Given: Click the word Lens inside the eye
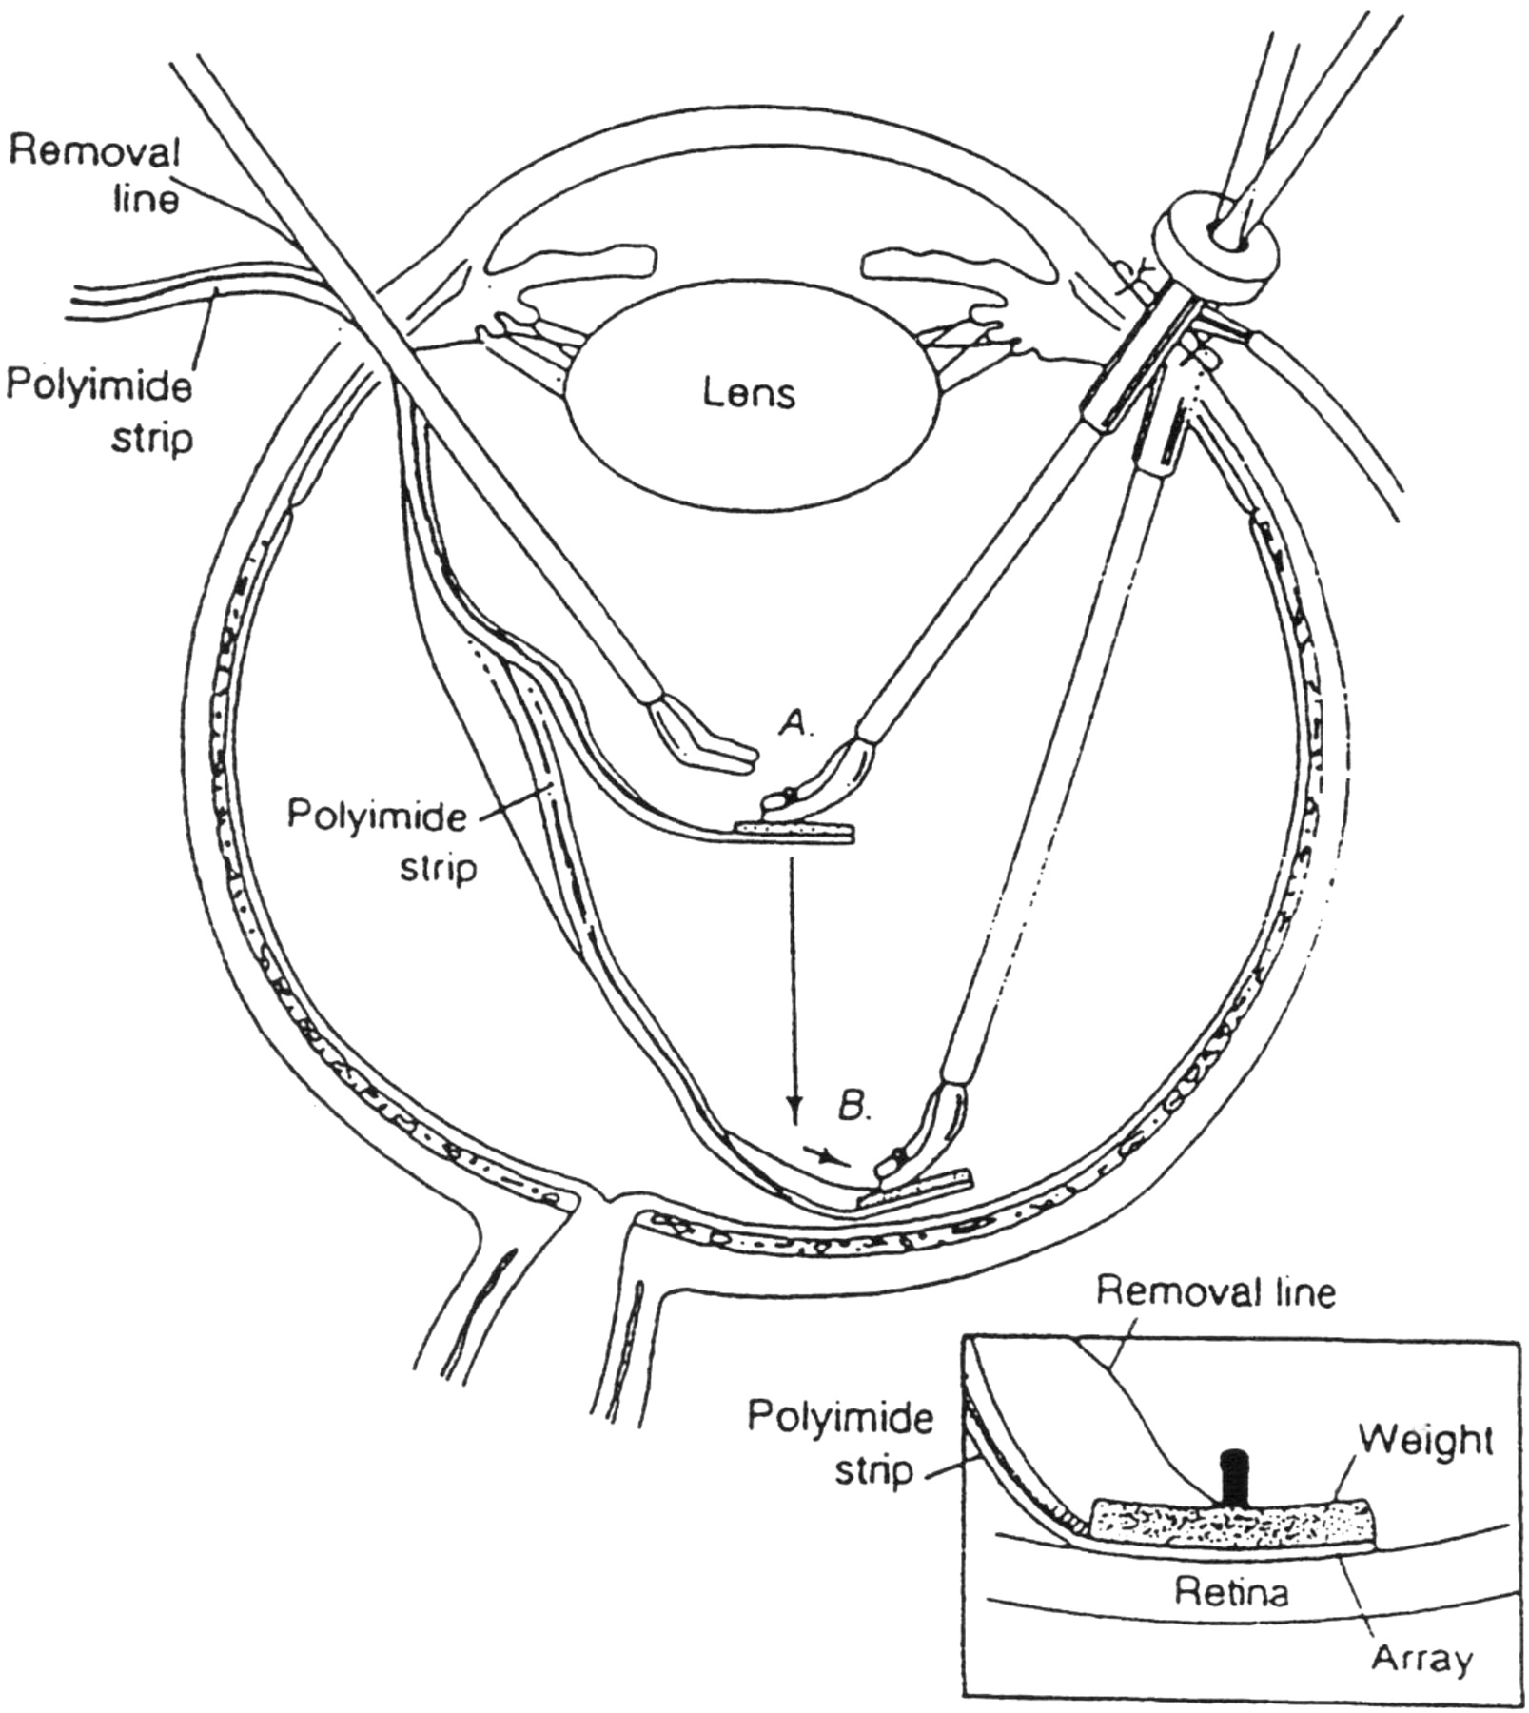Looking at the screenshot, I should click(x=749, y=391).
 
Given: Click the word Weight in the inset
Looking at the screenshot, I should click(x=1424, y=1442).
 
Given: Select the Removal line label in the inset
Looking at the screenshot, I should click(x=1216, y=1292).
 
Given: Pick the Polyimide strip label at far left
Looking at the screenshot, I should click(x=99, y=411).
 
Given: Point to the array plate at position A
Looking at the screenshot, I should click(x=794, y=834).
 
